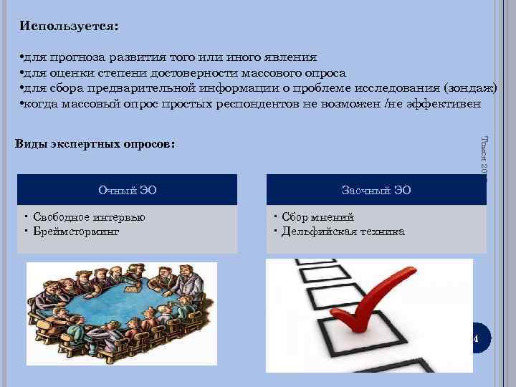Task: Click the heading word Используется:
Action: (x=70, y=26)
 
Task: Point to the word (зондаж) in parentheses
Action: (x=470, y=88)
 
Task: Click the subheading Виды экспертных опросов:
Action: (x=94, y=143)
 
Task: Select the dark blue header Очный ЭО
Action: (x=127, y=190)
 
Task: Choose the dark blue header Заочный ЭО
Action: (x=376, y=190)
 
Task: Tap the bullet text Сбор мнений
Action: (x=317, y=217)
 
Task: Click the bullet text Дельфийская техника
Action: (x=343, y=231)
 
